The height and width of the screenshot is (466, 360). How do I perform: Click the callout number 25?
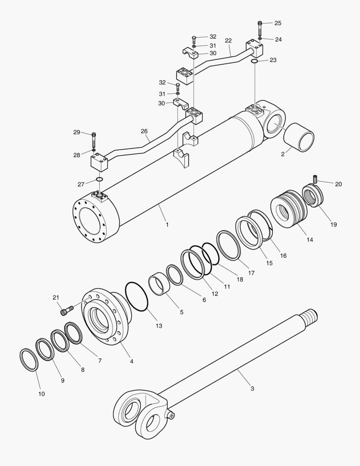278,23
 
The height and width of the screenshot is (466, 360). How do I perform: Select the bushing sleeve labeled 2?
299,137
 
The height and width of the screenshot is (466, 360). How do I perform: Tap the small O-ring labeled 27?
99,179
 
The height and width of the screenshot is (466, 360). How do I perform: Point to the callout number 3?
252,388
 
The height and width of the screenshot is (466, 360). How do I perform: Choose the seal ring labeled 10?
29,359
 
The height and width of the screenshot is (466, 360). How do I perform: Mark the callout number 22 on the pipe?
228,41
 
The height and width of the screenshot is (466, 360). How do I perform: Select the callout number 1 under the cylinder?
167,225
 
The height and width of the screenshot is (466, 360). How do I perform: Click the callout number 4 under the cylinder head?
131,361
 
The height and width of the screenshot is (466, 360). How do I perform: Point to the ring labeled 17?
229,246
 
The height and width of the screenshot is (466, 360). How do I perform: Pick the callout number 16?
283,255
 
